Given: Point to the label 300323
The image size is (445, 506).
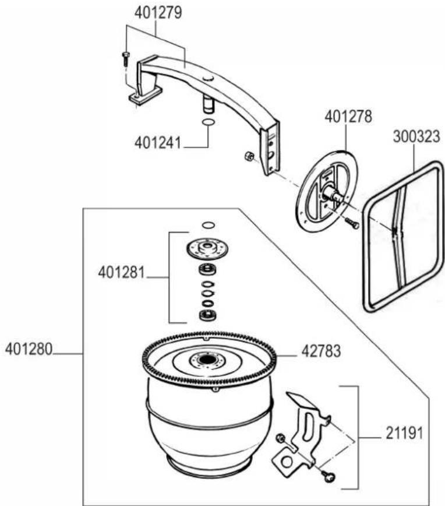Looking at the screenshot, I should (x=415, y=136).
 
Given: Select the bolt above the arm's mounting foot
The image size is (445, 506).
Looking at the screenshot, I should (x=126, y=57).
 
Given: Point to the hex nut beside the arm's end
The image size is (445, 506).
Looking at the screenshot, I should (x=248, y=156).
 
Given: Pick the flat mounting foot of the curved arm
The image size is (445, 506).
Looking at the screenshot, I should (x=144, y=96).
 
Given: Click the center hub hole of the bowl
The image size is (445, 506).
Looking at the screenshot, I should (x=207, y=361).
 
